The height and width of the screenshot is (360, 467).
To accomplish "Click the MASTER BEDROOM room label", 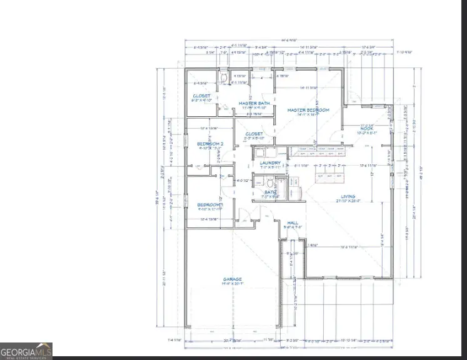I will point(308,110).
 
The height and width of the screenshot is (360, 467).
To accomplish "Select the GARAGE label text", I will point(233,279).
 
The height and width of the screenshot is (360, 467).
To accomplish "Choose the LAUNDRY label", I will point(271,162).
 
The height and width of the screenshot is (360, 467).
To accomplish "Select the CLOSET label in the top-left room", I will point(201,96).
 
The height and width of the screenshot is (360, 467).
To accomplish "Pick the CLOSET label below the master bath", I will point(254,134).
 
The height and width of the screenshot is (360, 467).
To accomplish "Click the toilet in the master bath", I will point(223,77).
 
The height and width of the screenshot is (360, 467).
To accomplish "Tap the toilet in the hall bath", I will point(269,183).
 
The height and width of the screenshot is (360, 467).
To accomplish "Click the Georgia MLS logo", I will point(26,351).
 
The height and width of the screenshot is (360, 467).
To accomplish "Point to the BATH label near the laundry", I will point(269,192).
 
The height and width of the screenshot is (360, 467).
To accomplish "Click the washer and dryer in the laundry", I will point(264,152).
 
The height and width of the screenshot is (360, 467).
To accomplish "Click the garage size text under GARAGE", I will point(233,284).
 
